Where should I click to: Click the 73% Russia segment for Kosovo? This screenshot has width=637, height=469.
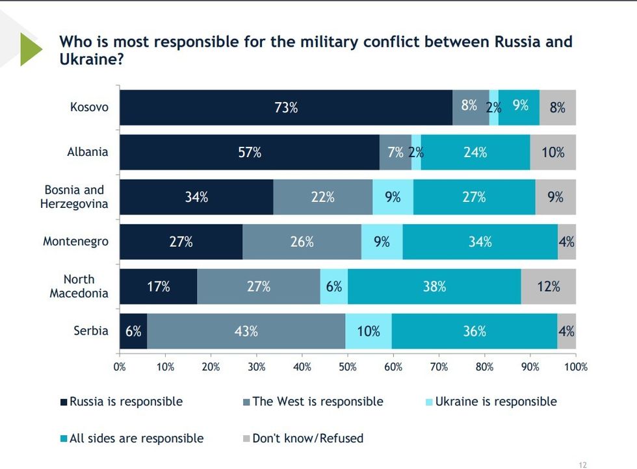(286, 107)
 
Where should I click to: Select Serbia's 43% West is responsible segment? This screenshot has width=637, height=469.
(246, 331)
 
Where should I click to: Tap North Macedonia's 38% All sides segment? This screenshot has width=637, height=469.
(434, 286)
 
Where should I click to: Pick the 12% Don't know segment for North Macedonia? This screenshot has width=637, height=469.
(548, 286)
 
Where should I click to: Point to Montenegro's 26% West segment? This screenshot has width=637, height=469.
(302, 242)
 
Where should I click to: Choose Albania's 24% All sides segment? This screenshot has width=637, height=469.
(475, 153)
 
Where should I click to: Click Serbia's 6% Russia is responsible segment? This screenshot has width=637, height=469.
(133, 331)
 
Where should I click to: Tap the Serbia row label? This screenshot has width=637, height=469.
(91, 331)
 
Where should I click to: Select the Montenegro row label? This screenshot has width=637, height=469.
(75, 242)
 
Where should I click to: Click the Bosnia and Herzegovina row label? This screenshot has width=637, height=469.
(74, 196)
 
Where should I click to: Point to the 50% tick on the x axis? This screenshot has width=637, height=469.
(348, 367)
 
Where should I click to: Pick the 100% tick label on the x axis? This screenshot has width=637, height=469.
(575, 367)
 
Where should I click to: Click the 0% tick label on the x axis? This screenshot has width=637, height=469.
(120, 367)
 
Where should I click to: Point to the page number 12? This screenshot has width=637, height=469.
(582, 464)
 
